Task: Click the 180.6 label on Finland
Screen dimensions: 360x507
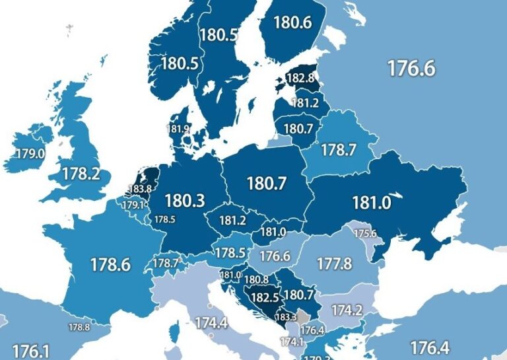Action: coord(292,22)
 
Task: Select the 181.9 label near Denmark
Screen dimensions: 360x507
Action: coord(179,129)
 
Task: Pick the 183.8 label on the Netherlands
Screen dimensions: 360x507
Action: coord(140,189)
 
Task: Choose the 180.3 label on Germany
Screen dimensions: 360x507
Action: coord(185,200)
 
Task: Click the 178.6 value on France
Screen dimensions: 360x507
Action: coord(110,265)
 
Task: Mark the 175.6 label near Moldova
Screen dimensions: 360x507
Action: coord(364,234)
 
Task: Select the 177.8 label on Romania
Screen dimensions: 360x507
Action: coord(333,264)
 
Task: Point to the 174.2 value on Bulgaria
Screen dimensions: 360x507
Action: coord(347,310)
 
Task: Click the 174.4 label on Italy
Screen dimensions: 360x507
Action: coord(211,323)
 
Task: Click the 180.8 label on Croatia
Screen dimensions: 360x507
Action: coord(256,280)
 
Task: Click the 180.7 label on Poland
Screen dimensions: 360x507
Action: coord(266,183)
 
